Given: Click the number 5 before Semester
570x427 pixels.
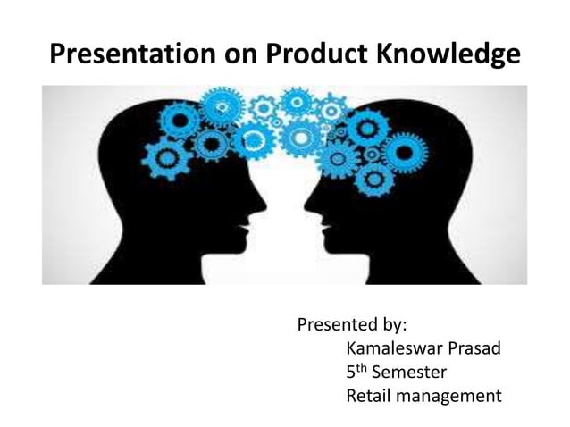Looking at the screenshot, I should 351,372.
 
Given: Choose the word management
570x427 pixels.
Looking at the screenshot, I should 451,395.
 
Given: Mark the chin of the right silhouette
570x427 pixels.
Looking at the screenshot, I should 323,246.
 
